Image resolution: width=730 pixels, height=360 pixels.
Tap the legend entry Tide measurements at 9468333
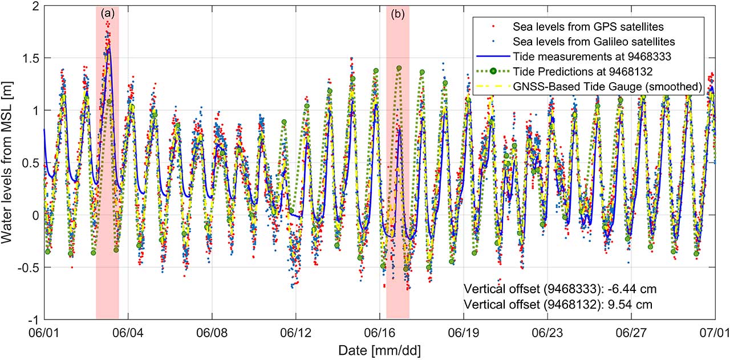coord(587,56)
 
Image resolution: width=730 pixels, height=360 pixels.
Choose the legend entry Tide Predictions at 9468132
coord(587,71)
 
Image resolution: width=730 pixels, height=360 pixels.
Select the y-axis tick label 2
coord(36,6)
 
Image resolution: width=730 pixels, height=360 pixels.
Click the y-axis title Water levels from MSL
coord(11,163)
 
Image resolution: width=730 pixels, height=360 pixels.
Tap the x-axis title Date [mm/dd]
coord(379,349)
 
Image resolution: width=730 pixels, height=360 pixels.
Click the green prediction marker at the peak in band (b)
coord(399,68)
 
